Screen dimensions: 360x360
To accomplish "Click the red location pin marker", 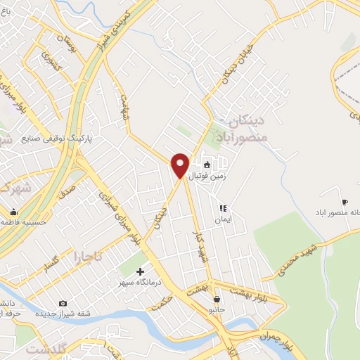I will coord(180,165).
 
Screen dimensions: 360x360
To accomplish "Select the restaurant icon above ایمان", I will coord(222,208).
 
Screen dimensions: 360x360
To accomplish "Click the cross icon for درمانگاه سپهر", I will coord(140,271).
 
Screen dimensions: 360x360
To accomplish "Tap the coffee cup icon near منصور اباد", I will coord(345,193).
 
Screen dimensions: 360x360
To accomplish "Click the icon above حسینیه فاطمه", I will coord(13,212).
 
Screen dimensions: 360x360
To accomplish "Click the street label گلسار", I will coord(51,261).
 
